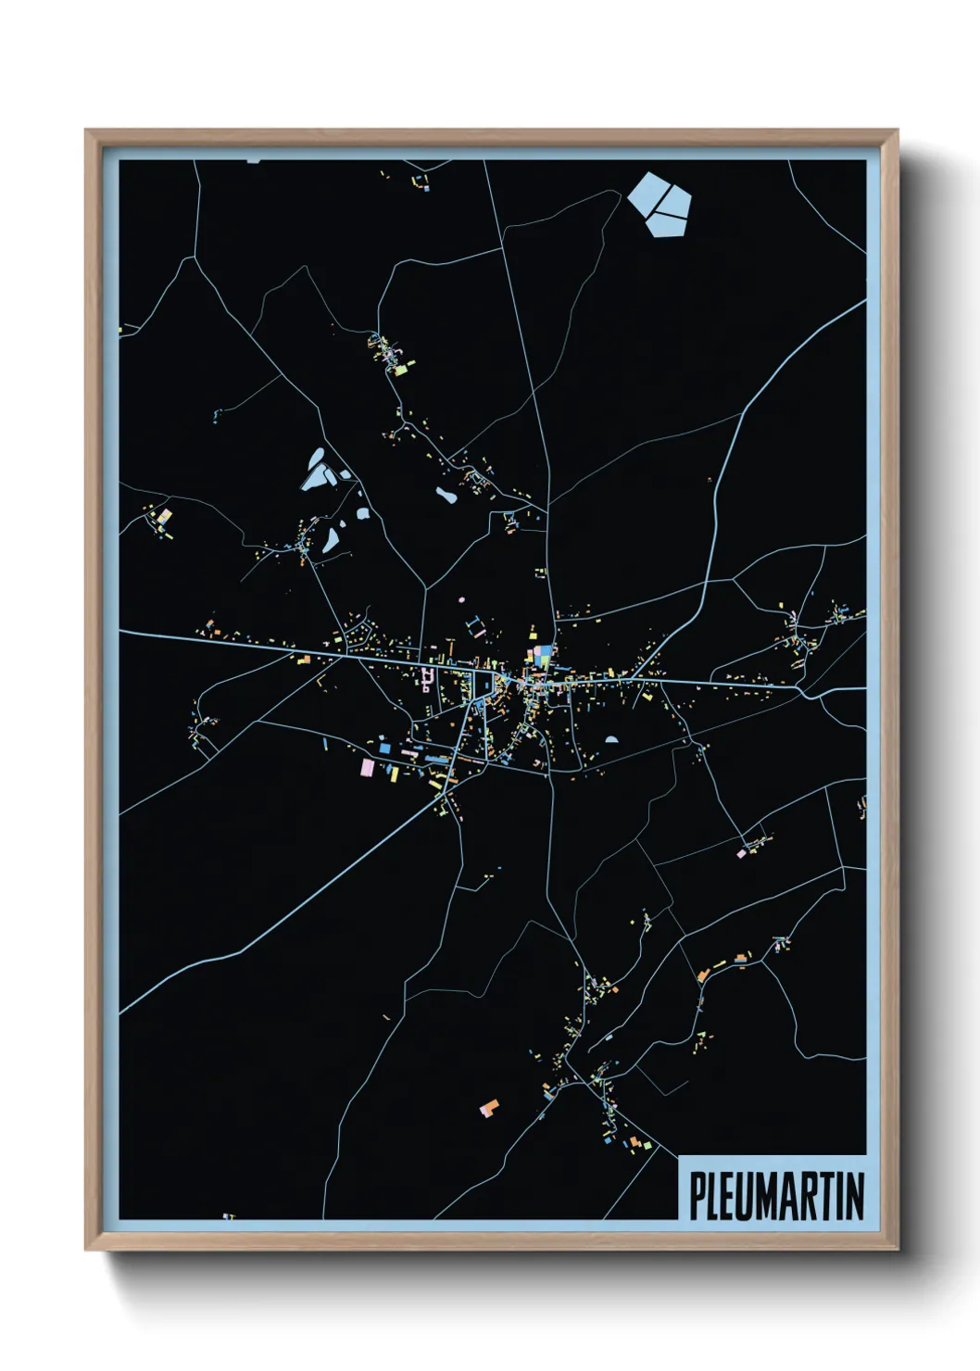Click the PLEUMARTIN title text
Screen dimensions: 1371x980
tap(776, 1196)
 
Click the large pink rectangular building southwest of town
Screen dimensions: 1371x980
tap(367, 767)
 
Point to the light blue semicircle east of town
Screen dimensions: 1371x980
tap(611, 740)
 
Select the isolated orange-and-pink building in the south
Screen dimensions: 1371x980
tap(489, 1107)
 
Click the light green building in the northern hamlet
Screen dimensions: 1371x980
tap(401, 369)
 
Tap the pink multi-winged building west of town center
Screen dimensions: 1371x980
tap(427, 679)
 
